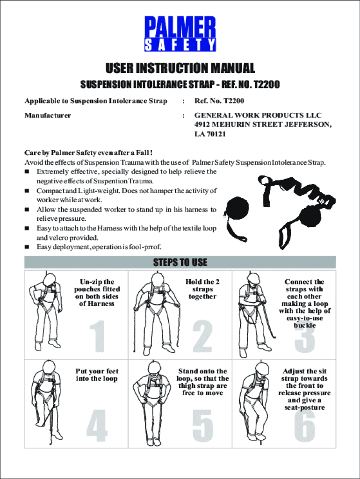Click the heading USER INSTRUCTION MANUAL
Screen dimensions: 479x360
point(180,68)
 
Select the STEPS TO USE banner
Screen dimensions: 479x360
point(180,262)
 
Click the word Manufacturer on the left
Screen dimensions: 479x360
point(48,115)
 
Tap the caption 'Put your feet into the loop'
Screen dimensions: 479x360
point(97,375)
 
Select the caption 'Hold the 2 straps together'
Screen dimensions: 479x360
point(202,289)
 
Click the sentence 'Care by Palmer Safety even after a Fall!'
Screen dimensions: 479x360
point(88,153)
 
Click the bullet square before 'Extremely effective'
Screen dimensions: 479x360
point(27,172)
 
